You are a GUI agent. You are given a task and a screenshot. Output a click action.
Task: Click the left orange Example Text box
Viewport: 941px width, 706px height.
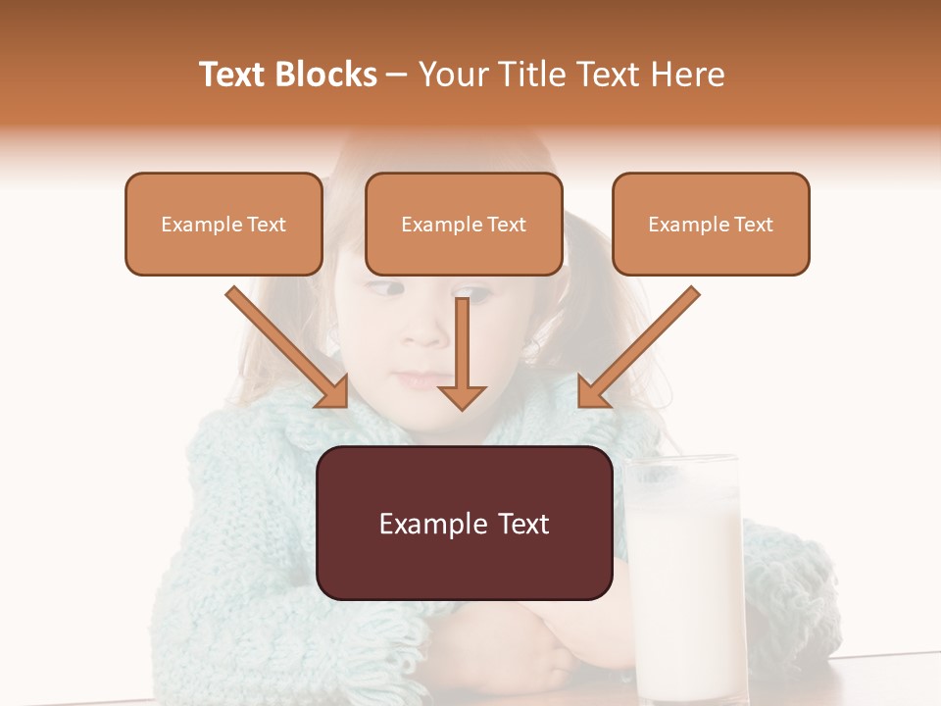pyautogui.click(x=223, y=224)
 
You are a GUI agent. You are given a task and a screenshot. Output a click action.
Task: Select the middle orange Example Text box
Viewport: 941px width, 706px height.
pyautogui.click(x=464, y=224)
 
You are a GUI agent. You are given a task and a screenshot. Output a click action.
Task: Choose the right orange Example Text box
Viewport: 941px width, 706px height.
pyautogui.click(x=711, y=224)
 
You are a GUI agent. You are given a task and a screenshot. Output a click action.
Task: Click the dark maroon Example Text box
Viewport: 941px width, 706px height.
pyautogui.click(x=464, y=523)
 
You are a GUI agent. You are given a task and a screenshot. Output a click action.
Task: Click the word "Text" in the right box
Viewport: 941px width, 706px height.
pyautogui.click(x=753, y=225)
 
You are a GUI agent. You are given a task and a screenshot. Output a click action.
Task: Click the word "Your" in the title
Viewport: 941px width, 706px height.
pyautogui.click(x=451, y=75)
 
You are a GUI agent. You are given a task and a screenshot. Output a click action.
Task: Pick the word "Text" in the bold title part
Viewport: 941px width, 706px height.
pyautogui.click(x=233, y=75)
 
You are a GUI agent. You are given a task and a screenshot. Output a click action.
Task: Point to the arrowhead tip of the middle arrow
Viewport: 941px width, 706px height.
pyautogui.click(x=462, y=409)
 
